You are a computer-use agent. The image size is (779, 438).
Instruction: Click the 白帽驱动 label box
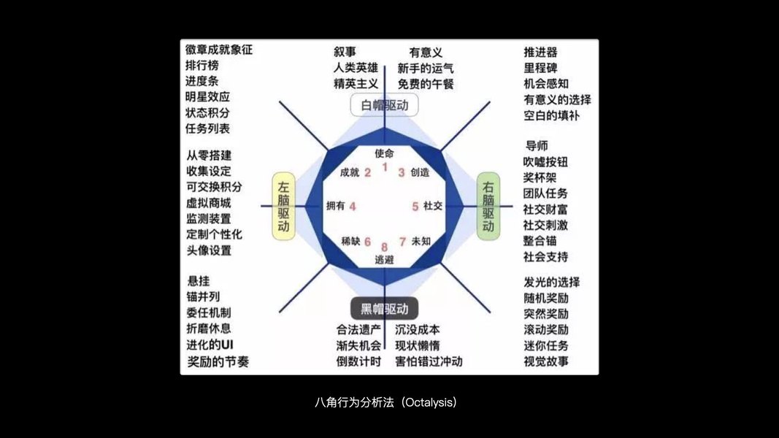(x=385, y=105)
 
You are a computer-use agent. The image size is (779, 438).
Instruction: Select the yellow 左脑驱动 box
(x=283, y=207)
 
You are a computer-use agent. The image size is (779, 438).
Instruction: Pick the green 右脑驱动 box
(x=488, y=207)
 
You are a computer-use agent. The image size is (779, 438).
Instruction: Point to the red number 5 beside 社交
(x=415, y=207)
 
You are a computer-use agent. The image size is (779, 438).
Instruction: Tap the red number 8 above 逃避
(x=384, y=247)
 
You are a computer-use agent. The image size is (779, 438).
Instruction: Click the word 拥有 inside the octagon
(x=335, y=207)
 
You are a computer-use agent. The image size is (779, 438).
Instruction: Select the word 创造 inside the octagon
(x=420, y=173)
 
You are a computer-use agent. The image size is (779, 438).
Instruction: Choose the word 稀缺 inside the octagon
(x=350, y=241)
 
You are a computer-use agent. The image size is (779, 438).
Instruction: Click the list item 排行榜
(x=202, y=66)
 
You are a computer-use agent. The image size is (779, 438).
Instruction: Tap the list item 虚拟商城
(x=208, y=203)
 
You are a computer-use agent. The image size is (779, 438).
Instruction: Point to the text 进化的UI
(x=210, y=344)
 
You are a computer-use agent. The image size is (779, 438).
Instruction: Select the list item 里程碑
(x=540, y=68)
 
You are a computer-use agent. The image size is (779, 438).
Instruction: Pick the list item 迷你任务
(x=545, y=345)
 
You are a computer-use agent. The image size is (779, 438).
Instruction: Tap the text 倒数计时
(x=358, y=361)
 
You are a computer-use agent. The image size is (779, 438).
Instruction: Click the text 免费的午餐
(x=426, y=84)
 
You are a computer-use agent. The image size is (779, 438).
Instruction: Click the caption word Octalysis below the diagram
(x=429, y=403)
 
